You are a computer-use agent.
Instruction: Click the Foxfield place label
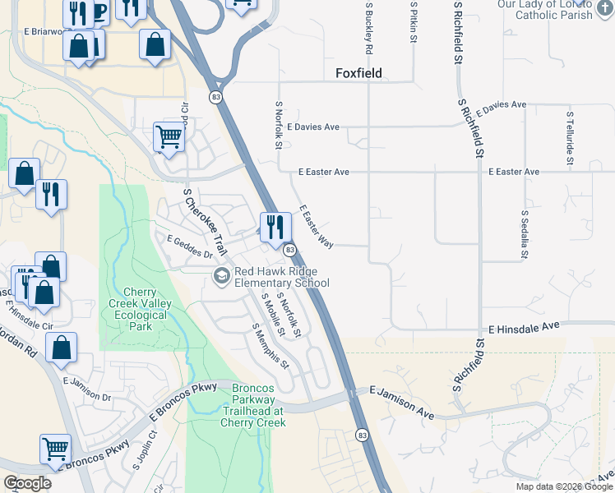click(x=362, y=74)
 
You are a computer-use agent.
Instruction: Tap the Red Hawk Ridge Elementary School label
click(x=282, y=278)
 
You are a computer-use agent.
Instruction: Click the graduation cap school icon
click(x=220, y=276)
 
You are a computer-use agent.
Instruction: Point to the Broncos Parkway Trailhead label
click(x=252, y=404)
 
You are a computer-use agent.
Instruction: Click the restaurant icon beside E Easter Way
click(x=275, y=226)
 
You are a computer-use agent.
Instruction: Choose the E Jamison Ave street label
click(x=401, y=400)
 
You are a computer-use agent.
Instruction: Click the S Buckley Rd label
click(x=370, y=28)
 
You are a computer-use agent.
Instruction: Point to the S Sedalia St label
click(x=524, y=233)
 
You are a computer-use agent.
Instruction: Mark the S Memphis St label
click(x=271, y=345)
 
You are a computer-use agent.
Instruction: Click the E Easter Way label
click(x=317, y=227)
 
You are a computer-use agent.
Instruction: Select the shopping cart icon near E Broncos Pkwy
click(x=55, y=449)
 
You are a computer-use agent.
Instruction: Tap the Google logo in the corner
click(x=28, y=483)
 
